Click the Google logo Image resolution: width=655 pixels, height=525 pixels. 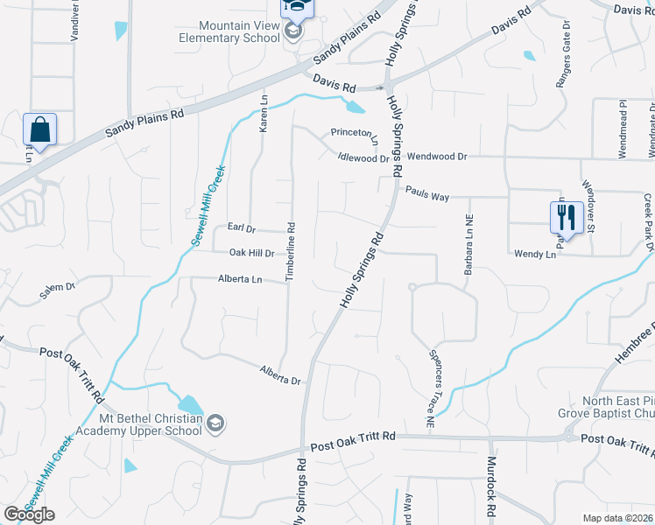click(x=29, y=514)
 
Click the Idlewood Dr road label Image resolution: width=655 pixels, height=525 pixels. click(x=363, y=158)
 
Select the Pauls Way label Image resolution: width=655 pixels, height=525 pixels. click(x=427, y=197)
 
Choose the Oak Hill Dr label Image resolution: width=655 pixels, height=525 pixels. click(x=252, y=253)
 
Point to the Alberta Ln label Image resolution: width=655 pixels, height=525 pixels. click(x=240, y=279)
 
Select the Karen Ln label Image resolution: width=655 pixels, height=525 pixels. click(x=263, y=114)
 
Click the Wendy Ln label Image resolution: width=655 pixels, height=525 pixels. click(x=535, y=255)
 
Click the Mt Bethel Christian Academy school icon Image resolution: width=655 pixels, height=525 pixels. click(x=216, y=424)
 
